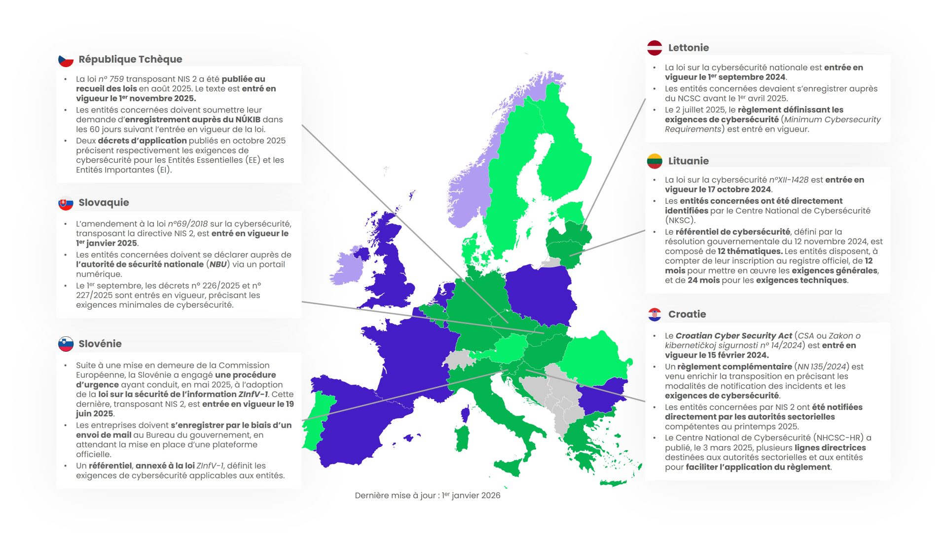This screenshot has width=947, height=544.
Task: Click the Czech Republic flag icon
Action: pos(66,60)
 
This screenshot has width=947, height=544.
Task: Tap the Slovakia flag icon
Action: pos(66,203)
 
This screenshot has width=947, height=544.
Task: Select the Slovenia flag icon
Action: pos(66,344)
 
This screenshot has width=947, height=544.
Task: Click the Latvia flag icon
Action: pos(655,48)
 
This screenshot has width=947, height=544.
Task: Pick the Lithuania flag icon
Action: pos(655,161)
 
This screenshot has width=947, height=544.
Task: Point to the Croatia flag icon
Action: pos(655,314)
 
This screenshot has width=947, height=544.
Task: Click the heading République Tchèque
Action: pos(130,59)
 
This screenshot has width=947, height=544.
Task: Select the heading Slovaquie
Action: pos(104,202)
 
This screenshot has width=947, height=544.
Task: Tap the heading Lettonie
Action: pos(688,48)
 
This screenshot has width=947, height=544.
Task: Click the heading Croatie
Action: pos(687,314)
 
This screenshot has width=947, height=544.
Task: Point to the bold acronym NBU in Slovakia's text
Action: pos(218,264)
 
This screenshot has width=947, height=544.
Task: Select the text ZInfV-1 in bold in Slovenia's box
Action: pos(253,394)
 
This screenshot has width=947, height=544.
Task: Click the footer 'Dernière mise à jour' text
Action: pos(427,495)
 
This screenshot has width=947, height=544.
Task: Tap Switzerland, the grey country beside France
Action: pos(458,359)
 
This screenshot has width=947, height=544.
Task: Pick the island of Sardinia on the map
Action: pos(462,438)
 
